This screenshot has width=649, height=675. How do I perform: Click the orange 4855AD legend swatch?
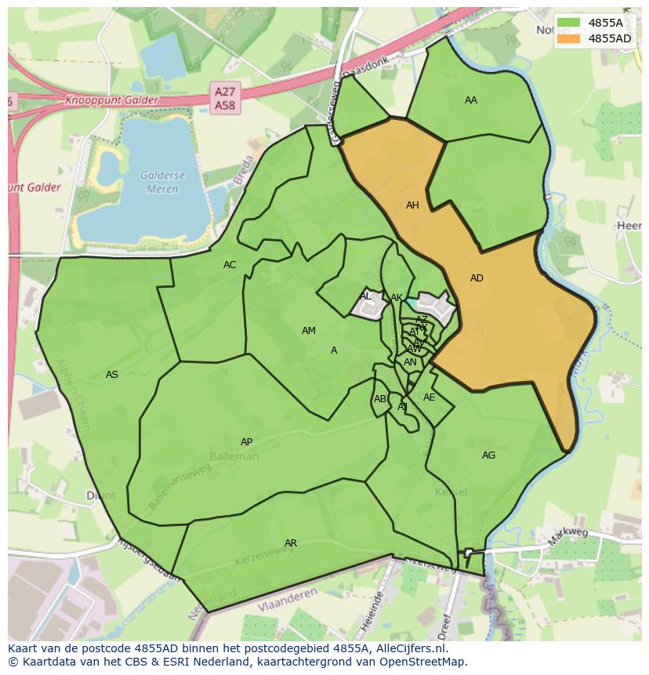pyautogui.click(x=570, y=38)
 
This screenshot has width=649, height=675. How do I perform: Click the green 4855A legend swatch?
pyautogui.click(x=570, y=23)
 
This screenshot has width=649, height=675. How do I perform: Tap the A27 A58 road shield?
pyautogui.click(x=225, y=98)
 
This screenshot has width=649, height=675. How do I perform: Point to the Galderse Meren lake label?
pyautogui.click(x=159, y=183)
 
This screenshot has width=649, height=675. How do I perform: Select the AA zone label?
pyautogui.click(x=470, y=100)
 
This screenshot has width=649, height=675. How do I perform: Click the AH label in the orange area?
pyautogui.click(x=412, y=205)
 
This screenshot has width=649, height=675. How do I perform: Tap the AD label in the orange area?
pyautogui.click(x=477, y=278)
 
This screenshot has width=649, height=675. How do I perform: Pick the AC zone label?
pyautogui.click(x=230, y=265)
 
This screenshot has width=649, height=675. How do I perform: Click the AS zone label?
pyautogui.click(x=112, y=375)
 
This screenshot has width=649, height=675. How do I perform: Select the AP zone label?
pyautogui.click(x=246, y=442)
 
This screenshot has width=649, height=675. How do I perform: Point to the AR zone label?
pyautogui.click(x=291, y=543)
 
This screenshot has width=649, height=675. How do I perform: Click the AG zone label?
pyautogui.click(x=488, y=455)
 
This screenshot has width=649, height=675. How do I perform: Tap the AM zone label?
pyautogui.click(x=309, y=331)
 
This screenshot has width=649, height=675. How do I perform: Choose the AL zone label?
pyautogui.click(x=366, y=296)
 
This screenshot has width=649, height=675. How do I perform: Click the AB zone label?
pyautogui.click(x=380, y=399)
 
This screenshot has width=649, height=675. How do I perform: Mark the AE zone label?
pyautogui.click(x=429, y=397)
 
